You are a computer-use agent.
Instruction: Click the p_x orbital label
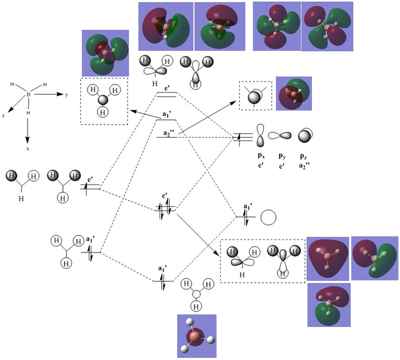tap(260, 156)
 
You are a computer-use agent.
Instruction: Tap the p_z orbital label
tap(304, 156)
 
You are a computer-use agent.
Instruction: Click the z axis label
tap(4, 115)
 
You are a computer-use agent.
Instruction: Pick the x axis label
tap(27, 149)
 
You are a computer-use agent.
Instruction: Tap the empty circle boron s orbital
tap(268, 217)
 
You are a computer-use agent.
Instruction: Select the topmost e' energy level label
tap(167, 89)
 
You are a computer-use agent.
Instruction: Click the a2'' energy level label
tap(167, 133)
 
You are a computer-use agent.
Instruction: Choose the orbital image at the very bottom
tap(197, 336)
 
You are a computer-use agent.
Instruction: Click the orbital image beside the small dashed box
tap(294, 94)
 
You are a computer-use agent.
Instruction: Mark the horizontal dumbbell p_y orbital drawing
tap(280, 135)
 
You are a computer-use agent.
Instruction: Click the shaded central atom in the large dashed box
tap(103, 100)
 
